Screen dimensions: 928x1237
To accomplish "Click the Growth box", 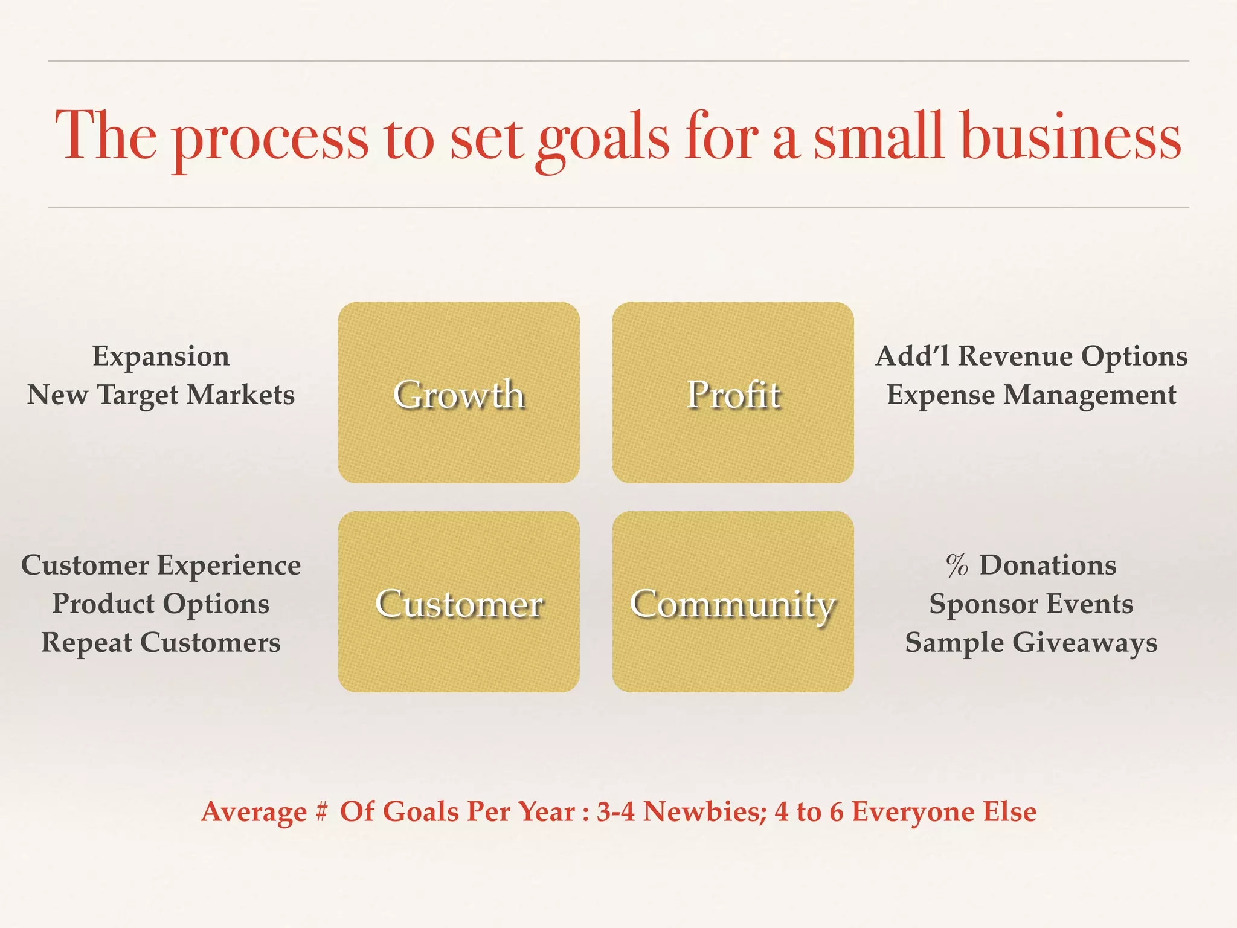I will point(458,393).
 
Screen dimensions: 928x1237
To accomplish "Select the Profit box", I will point(733,393).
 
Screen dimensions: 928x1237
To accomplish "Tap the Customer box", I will point(458,602).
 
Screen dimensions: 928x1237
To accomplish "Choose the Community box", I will point(733,602).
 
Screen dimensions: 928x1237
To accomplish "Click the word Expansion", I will point(161,356).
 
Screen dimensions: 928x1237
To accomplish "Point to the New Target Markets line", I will point(161,395).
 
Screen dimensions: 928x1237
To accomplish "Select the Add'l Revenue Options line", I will point(1031,356).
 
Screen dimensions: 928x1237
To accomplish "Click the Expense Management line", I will point(1031,395).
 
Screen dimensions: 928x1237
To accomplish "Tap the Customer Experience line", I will point(161,565).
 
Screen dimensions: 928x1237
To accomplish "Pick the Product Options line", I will point(161,604).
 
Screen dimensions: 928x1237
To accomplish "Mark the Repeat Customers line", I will point(161,643).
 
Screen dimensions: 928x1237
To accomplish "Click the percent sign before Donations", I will point(957,565).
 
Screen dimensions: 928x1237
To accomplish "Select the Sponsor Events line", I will point(1031,604).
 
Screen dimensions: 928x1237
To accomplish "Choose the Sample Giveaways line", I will point(1031,643).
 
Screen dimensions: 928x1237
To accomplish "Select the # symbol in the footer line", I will point(321,811).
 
